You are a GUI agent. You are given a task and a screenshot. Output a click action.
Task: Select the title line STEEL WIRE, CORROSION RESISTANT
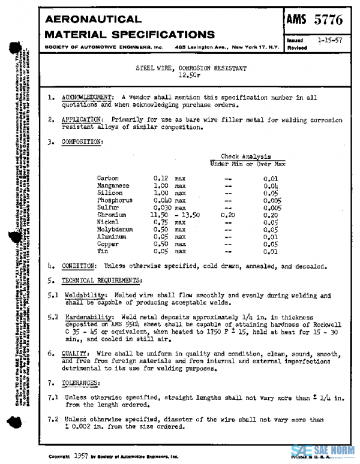coord(191,69)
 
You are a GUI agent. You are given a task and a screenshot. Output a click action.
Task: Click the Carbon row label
coord(107,178)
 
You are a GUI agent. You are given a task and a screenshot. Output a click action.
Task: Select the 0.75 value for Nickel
coord(159,222)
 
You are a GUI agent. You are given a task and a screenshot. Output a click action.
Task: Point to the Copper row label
coord(107,244)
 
